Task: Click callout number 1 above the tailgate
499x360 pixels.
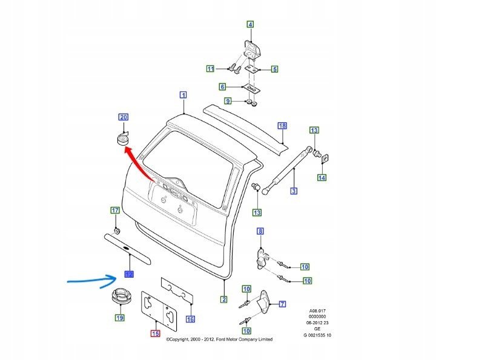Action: (183, 94)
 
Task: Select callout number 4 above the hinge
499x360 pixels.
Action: (249, 25)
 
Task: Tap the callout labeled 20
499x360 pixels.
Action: (123, 117)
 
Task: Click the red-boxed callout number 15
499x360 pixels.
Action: (155, 333)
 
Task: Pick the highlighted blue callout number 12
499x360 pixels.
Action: (128, 273)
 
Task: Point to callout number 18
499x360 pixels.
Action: (282, 126)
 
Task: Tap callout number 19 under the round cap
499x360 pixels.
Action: (119, 317)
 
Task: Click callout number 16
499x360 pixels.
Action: (191, 319)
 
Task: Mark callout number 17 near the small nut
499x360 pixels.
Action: (114, 211)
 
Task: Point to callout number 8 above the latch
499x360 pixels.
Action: (260, 231)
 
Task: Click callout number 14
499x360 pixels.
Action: (322, 178)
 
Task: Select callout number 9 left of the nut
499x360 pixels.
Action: (228, 100)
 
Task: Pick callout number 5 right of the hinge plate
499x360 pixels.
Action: (274, 70)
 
